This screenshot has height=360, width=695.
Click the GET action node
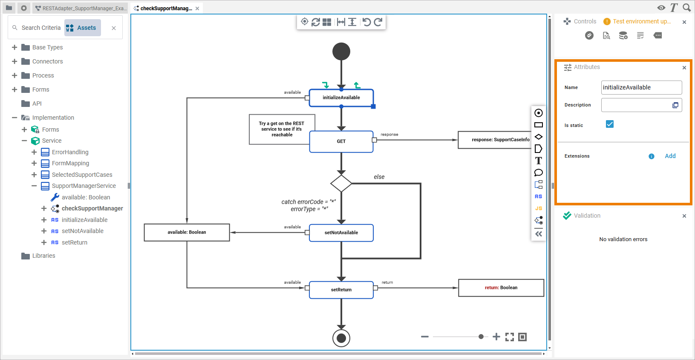click(x=341, y=141)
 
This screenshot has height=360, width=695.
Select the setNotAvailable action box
click(x=341, y=233)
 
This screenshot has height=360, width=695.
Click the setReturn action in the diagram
click(x=341, y=290)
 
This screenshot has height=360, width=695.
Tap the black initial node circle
click(x=341, y=52)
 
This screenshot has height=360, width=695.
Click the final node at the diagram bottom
click(x=341, y=338)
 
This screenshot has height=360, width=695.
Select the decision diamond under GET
click(x=341, y=184)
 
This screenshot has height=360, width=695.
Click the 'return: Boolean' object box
click(x=501, y=288)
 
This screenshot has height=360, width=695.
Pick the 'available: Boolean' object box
click(x=187, y=232)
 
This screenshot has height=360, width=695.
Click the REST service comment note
click(x=282, y=129)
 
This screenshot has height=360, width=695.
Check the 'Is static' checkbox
click(x=610, y=124)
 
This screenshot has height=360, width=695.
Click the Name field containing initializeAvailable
click(x=641, y=87)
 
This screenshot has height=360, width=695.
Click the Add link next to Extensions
click(x=670, y=156)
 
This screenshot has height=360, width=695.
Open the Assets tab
click(x=83, y=28)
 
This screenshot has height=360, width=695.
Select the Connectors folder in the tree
click(x=47, y=61)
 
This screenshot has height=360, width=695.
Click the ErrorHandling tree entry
click(x=70, y=152)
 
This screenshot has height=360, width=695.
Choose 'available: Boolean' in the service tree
click(x=86, y=197)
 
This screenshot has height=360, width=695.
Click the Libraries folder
click(x=43, y=256)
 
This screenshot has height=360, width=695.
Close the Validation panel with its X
click(x=684, y=216)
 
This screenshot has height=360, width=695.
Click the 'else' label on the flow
click(x=379, y=177)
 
